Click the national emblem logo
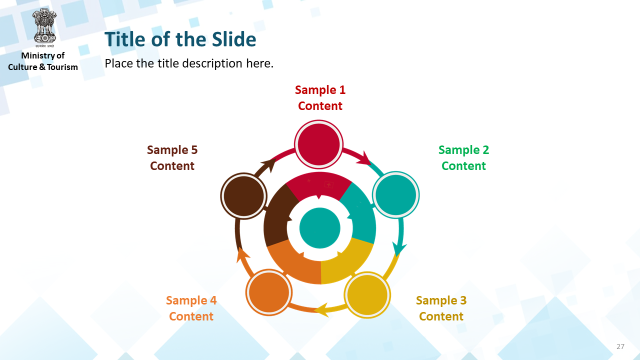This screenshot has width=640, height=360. click(x=44, y=28)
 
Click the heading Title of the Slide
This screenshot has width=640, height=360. click(x=180, y=39)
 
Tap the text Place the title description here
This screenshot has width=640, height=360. click(x=189, y=63)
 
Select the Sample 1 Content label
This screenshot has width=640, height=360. click(x=320, y=97)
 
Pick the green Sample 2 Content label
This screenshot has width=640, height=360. click(x=463, y=157)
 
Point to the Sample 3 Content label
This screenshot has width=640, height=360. click(x=441, y=308)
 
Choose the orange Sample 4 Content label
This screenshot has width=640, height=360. click(x=191, y=308)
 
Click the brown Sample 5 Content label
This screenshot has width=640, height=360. click(x=172, y=157)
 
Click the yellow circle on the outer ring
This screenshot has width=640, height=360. click(x=367, y=295)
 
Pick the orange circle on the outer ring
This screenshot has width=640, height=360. click(x=268, y=292)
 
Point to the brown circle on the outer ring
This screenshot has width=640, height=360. click(x=243, y=196)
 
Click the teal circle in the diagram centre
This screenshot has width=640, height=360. click(x=319, y=228)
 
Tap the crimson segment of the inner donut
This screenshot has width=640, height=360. click(x=319, y=185)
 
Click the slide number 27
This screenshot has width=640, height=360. click(x=620, y=346)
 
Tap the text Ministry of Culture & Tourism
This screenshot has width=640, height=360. click(x=43, y=61)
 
